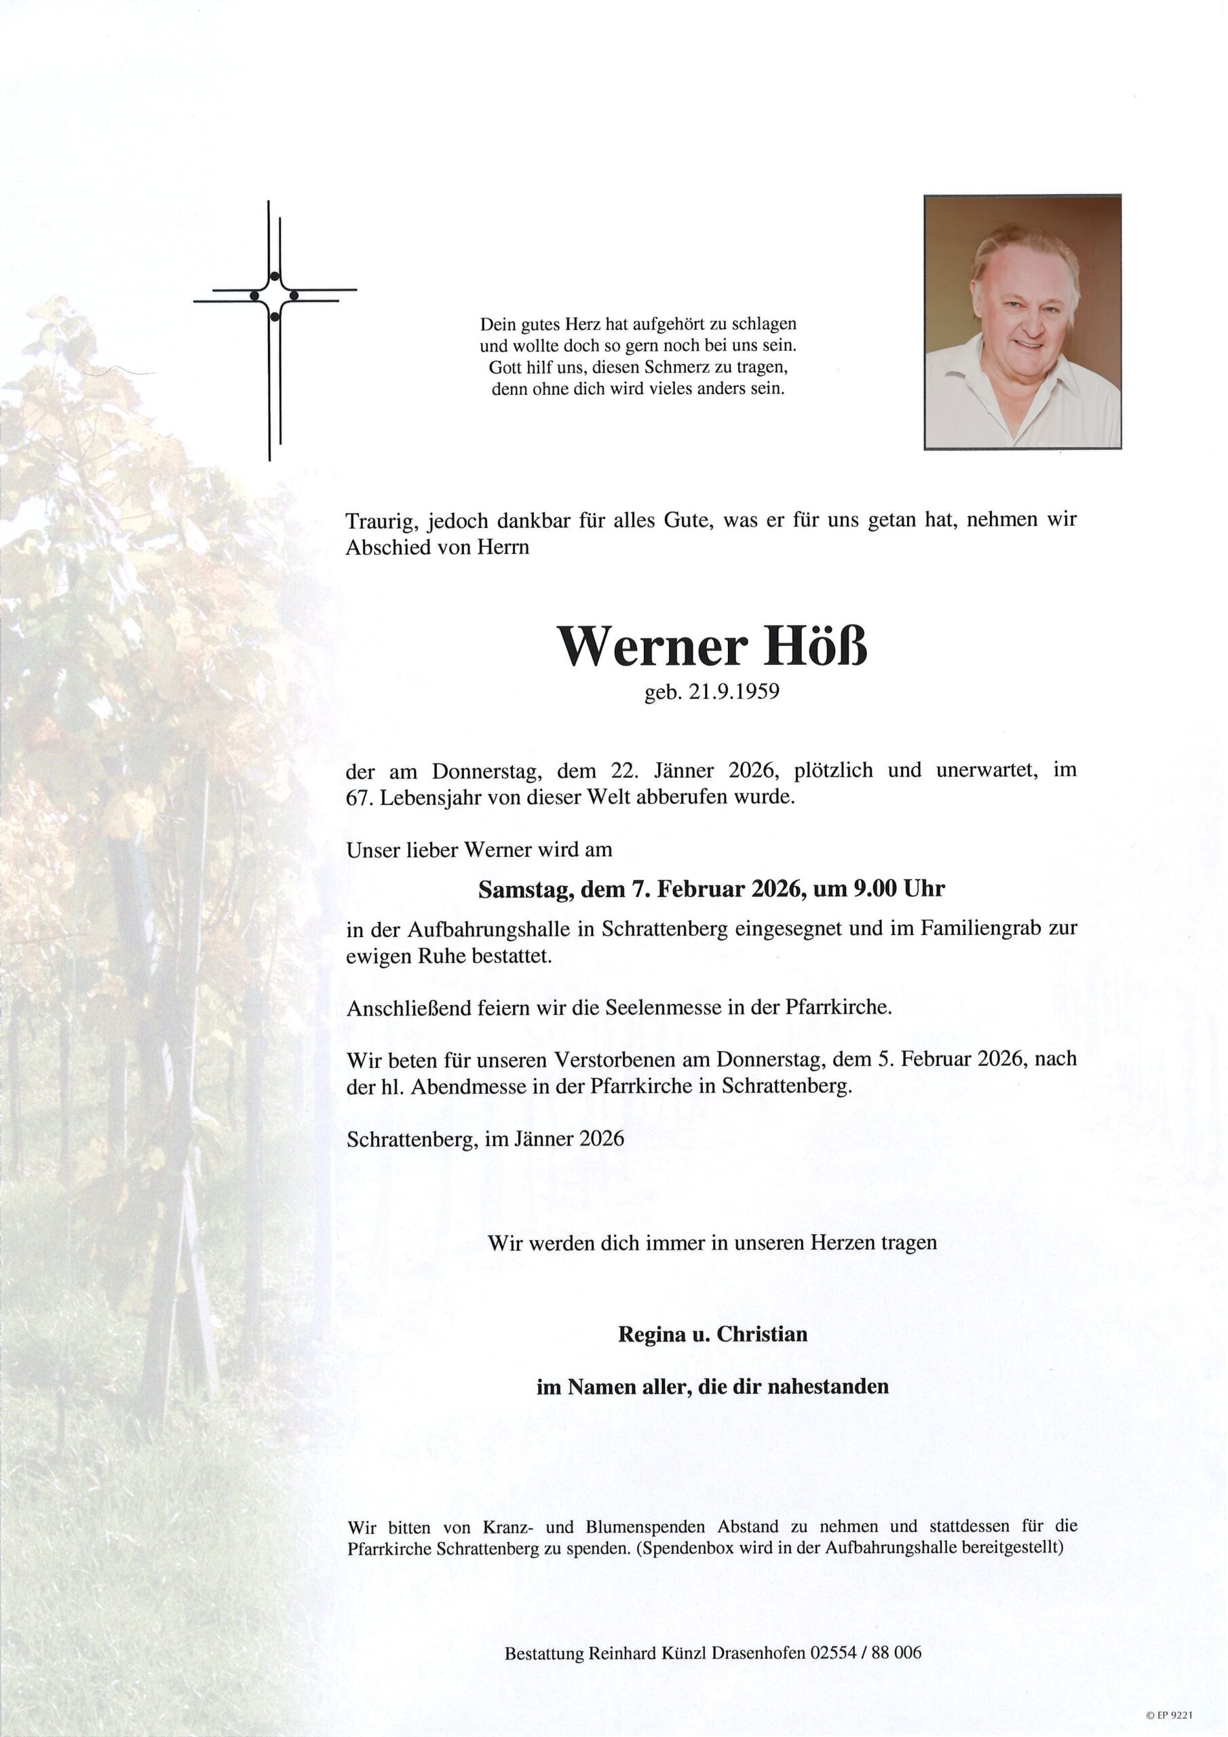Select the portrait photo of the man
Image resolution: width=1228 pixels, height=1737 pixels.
click(x=1022, y=322)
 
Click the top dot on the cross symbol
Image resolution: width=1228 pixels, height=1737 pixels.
click(x=274, y=275)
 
